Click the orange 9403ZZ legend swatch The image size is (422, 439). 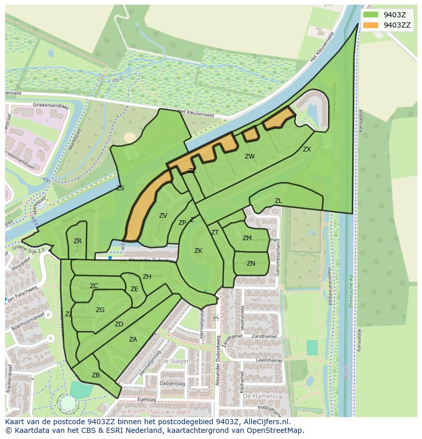371,25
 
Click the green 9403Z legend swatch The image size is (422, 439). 371,15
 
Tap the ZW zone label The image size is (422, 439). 249,157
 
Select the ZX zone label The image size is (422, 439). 306,149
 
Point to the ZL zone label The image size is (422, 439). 278,201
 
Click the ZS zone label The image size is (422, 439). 120,188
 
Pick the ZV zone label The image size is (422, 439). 163,216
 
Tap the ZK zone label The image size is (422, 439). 198,251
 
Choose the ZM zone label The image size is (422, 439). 247,238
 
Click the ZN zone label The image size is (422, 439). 251,264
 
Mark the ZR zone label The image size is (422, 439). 77,241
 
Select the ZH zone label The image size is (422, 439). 147,277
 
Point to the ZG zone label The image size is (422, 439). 100,310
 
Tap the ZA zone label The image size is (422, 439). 133,340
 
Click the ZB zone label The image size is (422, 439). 96,375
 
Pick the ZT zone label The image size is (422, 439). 215,233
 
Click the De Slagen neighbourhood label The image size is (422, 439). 175,361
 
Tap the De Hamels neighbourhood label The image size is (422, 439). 258,396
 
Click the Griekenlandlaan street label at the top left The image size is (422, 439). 50,105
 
